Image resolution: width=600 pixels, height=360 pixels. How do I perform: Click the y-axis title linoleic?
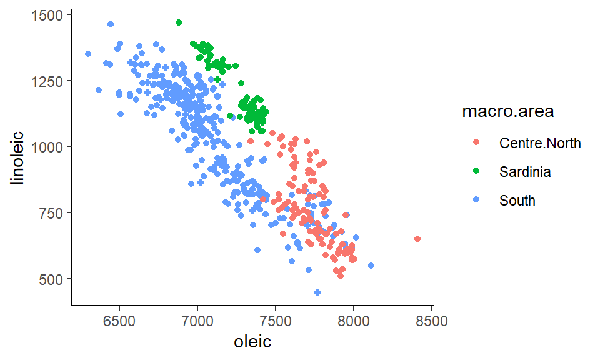[x=19, y=157]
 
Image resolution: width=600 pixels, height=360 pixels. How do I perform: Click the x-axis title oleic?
[x=252, y=342]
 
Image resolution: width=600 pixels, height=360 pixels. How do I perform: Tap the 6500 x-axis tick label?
[x=119, y=322]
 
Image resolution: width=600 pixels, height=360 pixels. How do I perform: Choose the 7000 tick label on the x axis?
[x=197, y=322]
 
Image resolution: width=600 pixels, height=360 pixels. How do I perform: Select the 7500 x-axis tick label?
[x=276, y=322]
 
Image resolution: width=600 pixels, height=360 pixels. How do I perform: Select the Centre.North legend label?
[x=540, y=143]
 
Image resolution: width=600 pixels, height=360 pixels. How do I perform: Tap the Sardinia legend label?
[x=525, y=172]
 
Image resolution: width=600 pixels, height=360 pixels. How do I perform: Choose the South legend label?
[x=517, y=201]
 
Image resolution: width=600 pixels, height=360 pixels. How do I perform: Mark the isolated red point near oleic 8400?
[x=417, y=239]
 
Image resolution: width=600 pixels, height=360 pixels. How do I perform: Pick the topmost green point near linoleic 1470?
[x=179, y=22]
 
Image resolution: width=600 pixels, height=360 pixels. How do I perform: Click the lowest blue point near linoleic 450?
[x=317, y=292]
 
